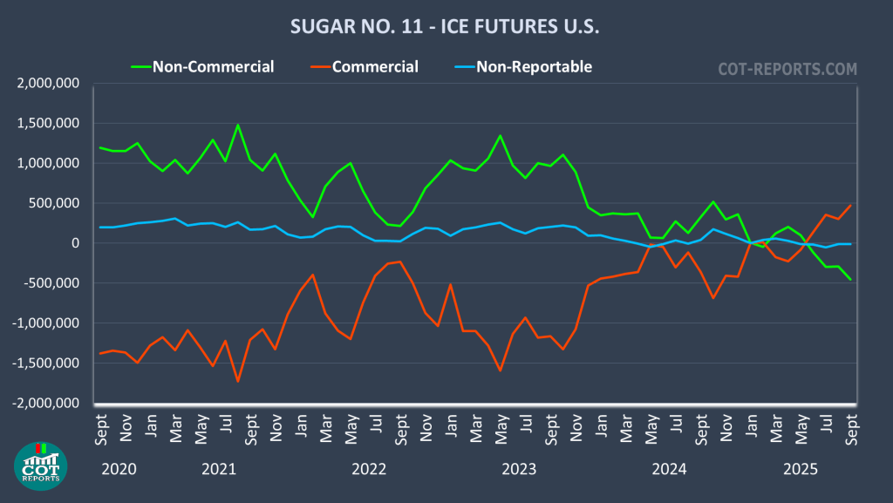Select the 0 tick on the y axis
76,243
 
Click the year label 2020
119,469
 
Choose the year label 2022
369,469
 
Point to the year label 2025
800,469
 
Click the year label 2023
519,469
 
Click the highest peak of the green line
237,125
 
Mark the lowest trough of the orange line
237,381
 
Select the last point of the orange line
850,206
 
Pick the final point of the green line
850,280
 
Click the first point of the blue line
99,228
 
